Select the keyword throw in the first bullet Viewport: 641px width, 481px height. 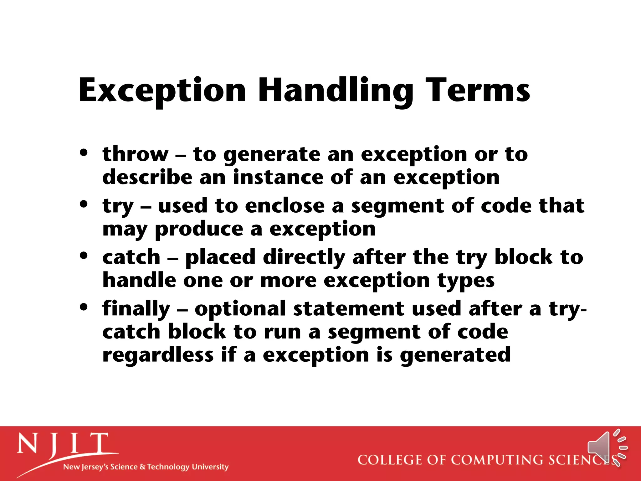tap(135, 154)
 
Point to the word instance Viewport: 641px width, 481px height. tap(278, 177)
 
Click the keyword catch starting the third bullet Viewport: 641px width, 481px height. tap(131, 257)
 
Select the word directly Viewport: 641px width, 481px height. tap(304, 258)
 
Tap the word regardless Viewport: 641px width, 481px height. tap(158, 355)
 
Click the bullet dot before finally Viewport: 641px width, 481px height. tap(84, 307)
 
